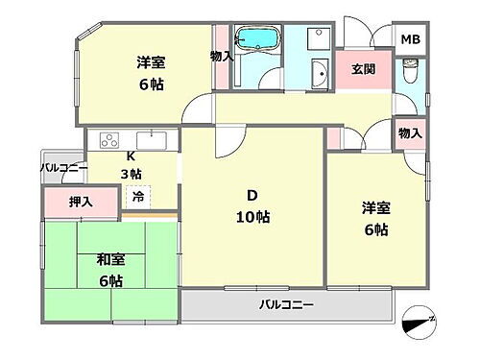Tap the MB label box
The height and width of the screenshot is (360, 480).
(410, 39)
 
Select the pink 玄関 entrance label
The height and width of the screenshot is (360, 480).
(362, 69)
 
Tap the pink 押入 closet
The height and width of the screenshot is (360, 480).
(81, 203)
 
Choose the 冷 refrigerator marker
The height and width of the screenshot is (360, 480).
(138, 196)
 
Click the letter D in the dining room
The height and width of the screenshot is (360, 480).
(252, 195)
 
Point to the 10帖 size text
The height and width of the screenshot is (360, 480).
(253, 217)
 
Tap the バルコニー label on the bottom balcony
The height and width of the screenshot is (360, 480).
(286, 306)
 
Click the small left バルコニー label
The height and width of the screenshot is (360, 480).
(63, 168)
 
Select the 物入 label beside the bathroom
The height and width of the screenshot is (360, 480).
(221, 57)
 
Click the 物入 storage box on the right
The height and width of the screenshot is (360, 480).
(410, 132)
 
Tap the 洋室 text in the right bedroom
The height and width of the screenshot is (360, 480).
(375, 207)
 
